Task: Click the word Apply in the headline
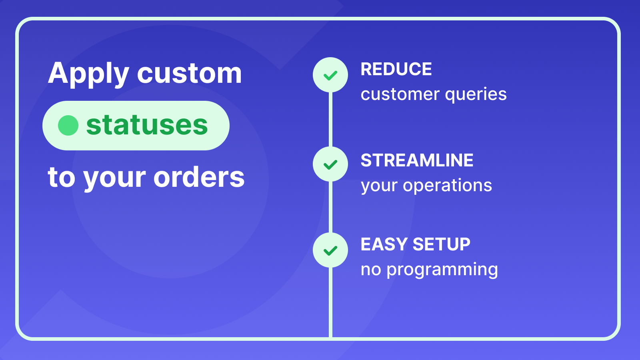coord(88,74)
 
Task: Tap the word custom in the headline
coord(190,74)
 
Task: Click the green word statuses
coord(147,125)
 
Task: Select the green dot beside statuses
coord(68,125)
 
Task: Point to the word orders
coord(199,177)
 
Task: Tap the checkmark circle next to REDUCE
coord(330,75)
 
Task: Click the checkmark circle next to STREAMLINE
coord(330,164)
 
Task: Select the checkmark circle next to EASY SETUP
coord(330,250)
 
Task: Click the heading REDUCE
coord(396,69)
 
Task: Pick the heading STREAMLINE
coord(417,160)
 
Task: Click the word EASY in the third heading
coord(384,244)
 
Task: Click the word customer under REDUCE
coord(400,95)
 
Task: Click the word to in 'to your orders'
coord(61,177)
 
